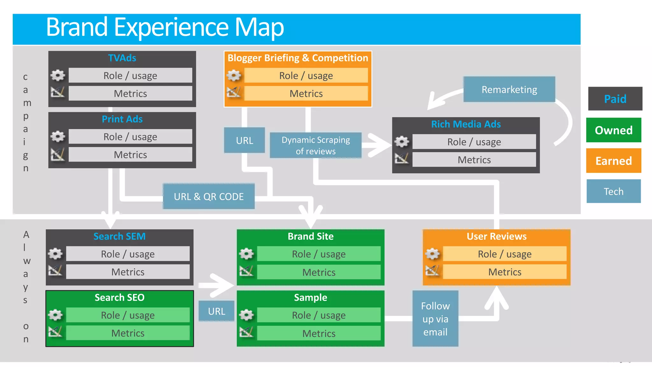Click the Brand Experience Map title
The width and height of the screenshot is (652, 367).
(x=165, y=28)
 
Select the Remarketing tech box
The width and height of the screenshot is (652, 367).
(x=509, y=90)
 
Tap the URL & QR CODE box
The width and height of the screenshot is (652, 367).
(x=209, y=197)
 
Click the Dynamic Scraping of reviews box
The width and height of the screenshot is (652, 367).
(x=315, y=146)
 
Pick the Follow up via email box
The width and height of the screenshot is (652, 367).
(x=435, y=319)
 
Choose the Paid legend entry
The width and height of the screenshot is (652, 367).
(x=615, y=99)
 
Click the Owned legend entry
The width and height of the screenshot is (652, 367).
(x=613, y=130)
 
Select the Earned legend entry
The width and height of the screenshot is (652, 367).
(x=613, y=161)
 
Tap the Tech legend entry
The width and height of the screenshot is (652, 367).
(x=613, y=191)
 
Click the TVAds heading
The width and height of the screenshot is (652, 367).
(x=122, y=58)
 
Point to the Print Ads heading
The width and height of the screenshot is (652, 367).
(x=122, y=119)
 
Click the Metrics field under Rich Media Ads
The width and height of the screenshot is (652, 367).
(x=474, y=160)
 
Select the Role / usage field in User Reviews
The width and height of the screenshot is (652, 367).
(x=504, y=254)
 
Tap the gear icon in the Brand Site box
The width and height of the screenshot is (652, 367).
(x=246, y=254)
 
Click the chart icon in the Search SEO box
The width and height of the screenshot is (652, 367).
(x=55, y=332)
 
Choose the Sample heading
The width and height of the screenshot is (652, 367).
(x=310, y=298)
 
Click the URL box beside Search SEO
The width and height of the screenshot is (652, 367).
(x=216, y=311)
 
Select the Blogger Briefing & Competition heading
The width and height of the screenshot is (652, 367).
(x=298, y=58)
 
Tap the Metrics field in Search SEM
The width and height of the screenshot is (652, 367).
(x=128, y=272)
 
